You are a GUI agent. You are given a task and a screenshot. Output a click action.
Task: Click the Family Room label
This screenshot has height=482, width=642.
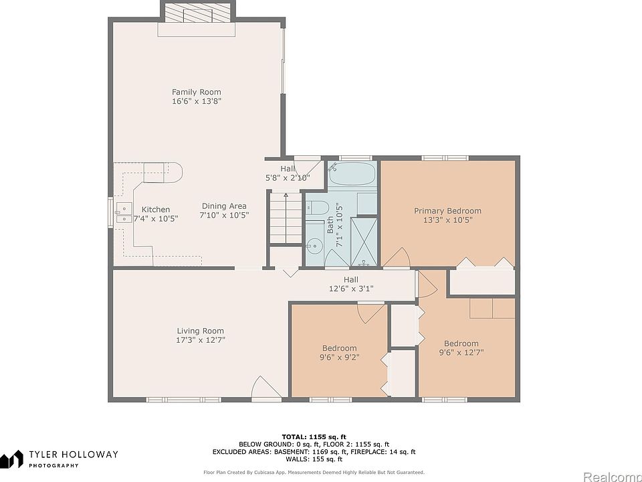pos(196,92)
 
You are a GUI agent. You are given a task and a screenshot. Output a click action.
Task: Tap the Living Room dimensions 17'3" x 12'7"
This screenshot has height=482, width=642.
pos(201,340)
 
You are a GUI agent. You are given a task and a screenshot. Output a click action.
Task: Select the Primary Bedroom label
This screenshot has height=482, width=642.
pos(447,211)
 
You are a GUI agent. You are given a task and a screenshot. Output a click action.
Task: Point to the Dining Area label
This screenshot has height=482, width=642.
pos(224,206)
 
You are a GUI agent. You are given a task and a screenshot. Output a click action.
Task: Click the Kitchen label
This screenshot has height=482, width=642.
pos(156,210)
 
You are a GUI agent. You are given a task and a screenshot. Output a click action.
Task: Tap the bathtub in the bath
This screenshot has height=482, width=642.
pos(352,173)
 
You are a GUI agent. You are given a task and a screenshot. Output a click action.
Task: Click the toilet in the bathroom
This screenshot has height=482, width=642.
pos(317,208)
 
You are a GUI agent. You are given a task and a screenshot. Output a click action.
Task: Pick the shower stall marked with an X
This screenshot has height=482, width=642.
pos(364,242)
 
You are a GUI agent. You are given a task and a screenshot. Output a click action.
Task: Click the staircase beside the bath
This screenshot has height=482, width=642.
pos(286,218)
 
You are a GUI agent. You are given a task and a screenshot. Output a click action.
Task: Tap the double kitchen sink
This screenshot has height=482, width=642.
pos(124,213)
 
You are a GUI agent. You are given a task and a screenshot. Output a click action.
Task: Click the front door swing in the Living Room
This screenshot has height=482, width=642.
pos(266,388)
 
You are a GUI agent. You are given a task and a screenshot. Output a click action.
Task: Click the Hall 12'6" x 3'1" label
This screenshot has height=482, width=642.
pos(351,284)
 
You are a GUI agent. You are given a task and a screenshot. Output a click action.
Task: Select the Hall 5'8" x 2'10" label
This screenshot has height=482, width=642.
pos(288,173)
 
